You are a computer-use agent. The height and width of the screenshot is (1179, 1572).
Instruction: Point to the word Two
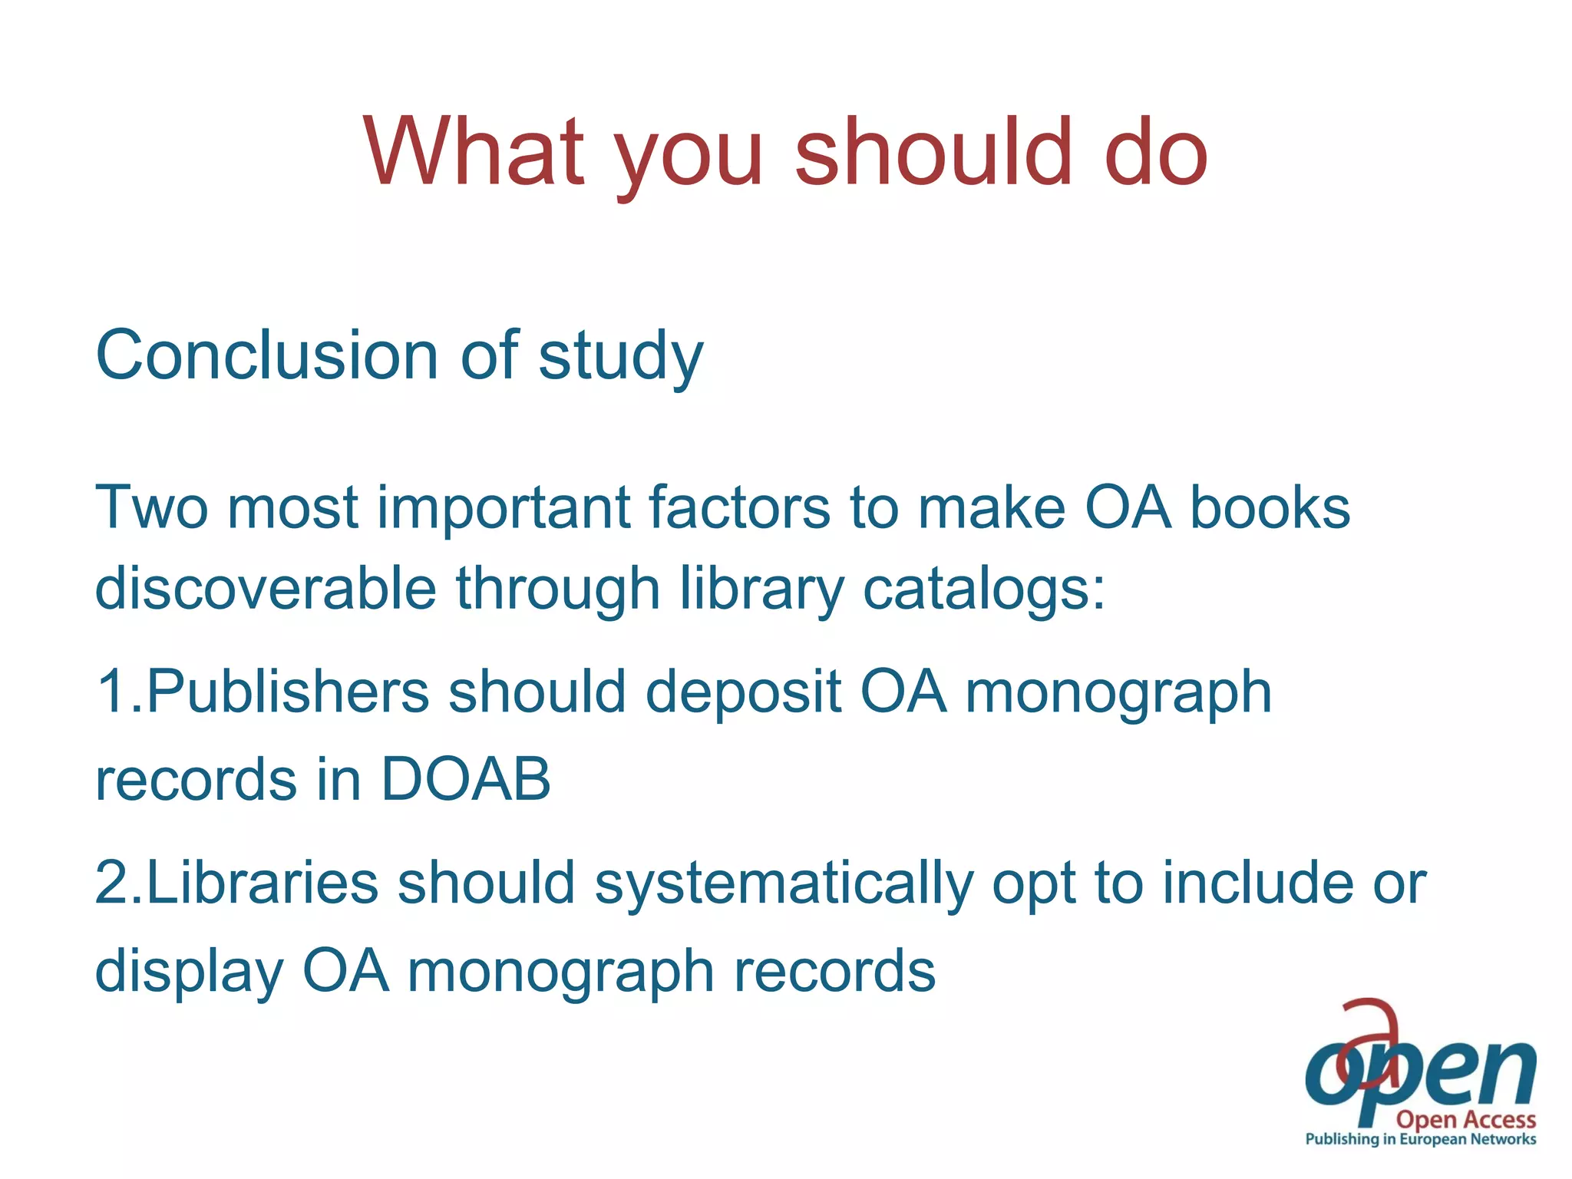click(151, 507)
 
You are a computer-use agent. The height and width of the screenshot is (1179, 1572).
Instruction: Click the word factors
click(739, 507)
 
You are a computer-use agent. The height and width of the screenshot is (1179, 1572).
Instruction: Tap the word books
click(1270, 507)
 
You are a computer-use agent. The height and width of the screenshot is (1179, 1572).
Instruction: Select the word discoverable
click(266, 588)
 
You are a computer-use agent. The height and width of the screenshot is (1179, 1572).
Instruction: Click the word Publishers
click(286, 691)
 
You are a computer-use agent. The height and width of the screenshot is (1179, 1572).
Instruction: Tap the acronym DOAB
click(465, 779)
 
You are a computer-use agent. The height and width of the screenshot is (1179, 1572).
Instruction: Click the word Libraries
click(262, 882)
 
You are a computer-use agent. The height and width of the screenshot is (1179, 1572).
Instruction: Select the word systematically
click(784, 883)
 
